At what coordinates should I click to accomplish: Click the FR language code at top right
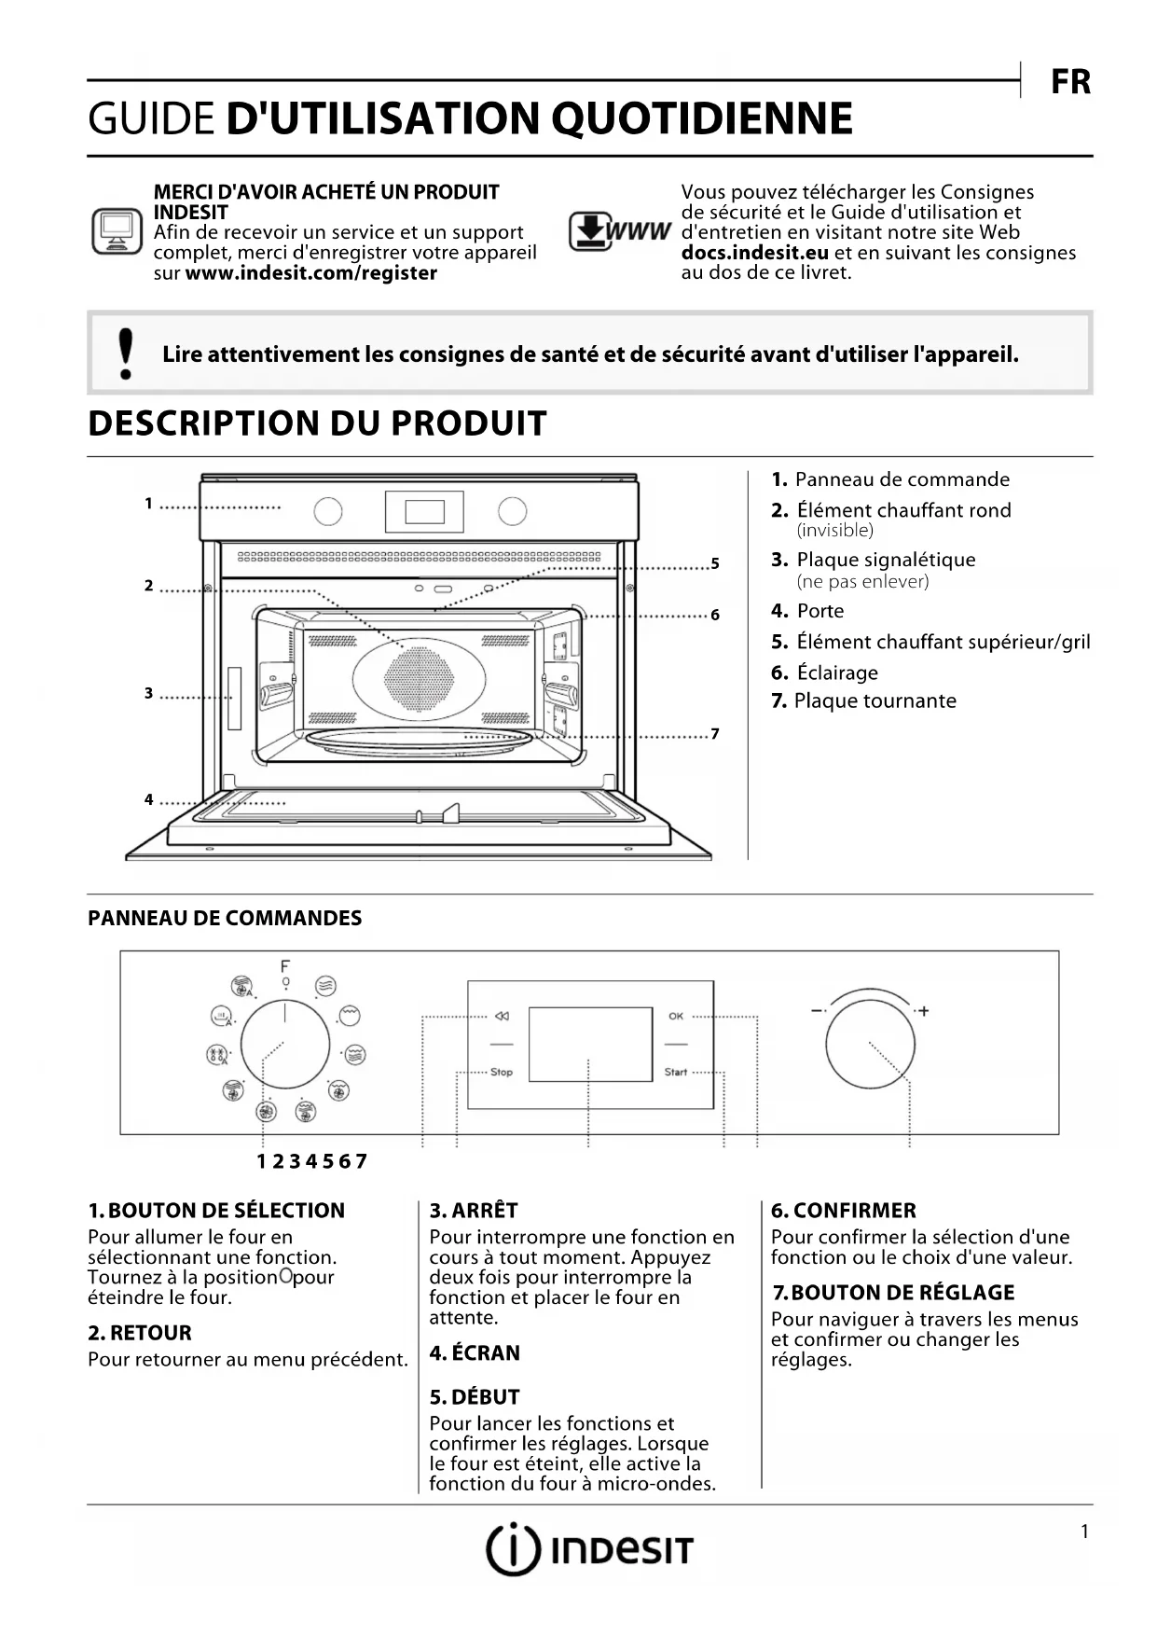tap(1070, 82)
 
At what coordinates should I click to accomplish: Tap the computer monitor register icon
tap(117, 231)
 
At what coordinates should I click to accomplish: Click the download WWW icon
tap(620, 231)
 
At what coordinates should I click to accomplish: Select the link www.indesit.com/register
tap(310, 273)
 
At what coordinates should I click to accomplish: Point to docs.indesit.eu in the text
tap(755, 253)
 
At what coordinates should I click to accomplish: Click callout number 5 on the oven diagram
tap(715, 563)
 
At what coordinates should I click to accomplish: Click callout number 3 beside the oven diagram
tap(148, 693)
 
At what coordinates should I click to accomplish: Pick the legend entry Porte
tap(820, 611)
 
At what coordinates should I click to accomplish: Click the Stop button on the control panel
tap(502, 1072)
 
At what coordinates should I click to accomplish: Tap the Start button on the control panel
tap(676, 1072)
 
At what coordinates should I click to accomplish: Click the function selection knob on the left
tap(284, 1045)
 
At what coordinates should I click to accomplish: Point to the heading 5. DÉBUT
tap(475, 1396)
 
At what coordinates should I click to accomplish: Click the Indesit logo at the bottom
tap(590, 1549)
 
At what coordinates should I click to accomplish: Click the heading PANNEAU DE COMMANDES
tap(225, 918)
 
